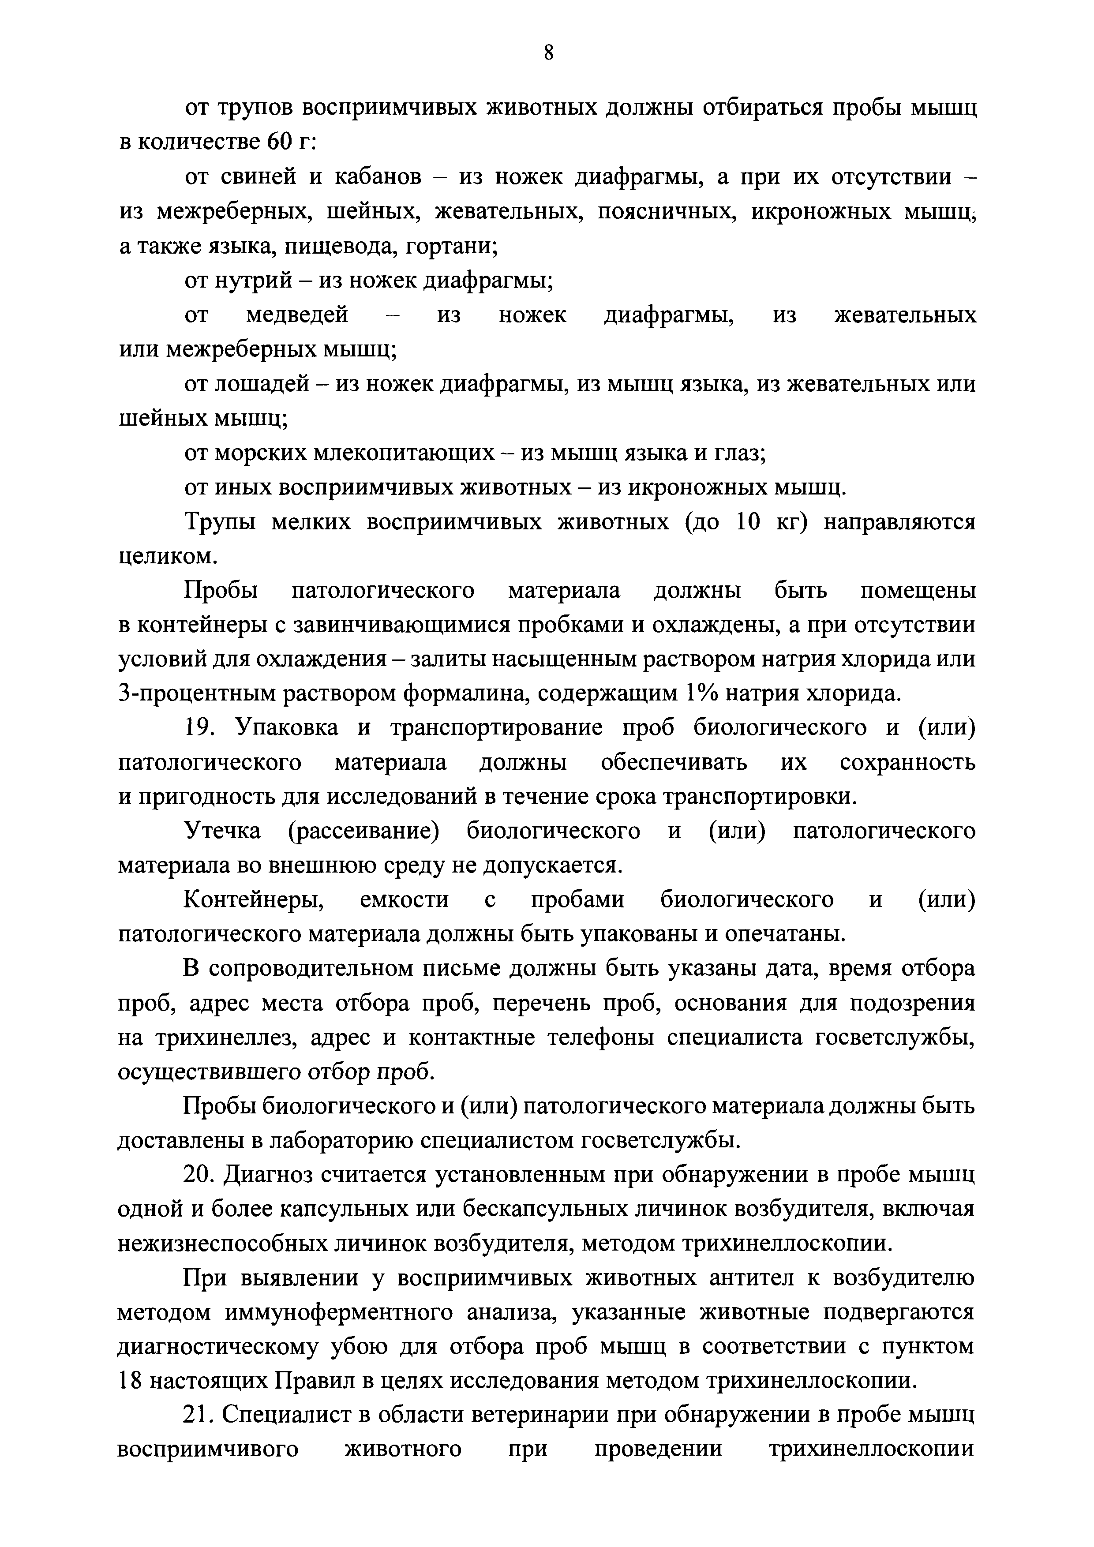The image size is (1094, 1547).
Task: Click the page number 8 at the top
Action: tap(548, 52)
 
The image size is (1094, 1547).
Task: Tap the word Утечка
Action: tap(222, 832)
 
